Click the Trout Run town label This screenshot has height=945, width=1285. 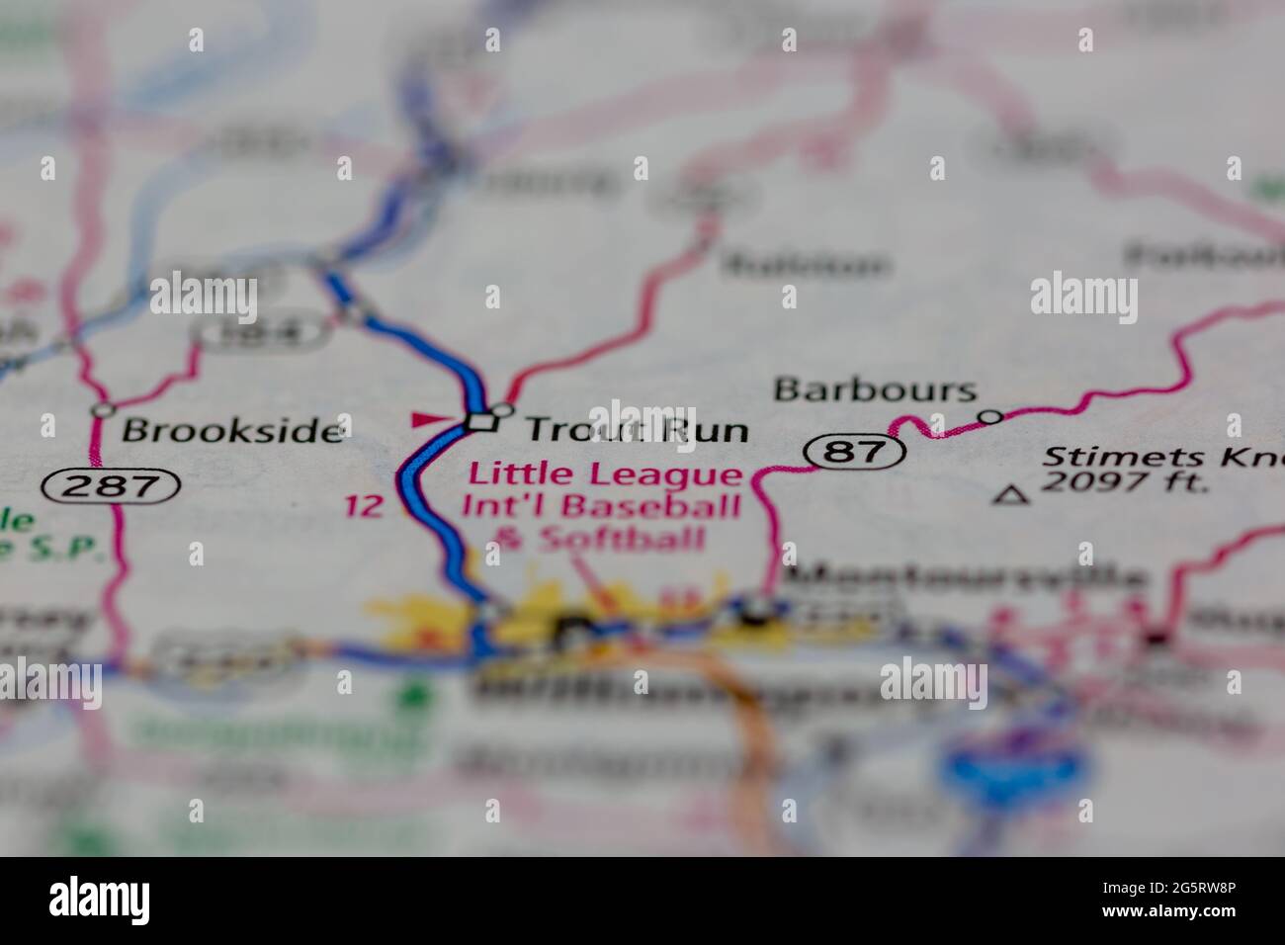point(637,429)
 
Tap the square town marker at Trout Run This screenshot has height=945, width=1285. point(481,422)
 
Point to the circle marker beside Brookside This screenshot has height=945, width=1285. point(102,409)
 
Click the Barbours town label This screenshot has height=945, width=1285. point(875,389)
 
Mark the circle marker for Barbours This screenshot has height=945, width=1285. point(990,417)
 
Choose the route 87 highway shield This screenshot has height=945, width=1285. point(855,453)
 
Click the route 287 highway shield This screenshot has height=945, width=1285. point(112,485)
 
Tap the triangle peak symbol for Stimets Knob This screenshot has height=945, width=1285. point(1009,495)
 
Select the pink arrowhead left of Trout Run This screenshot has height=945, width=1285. point(428,420)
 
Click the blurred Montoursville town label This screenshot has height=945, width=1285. point(965,579)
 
